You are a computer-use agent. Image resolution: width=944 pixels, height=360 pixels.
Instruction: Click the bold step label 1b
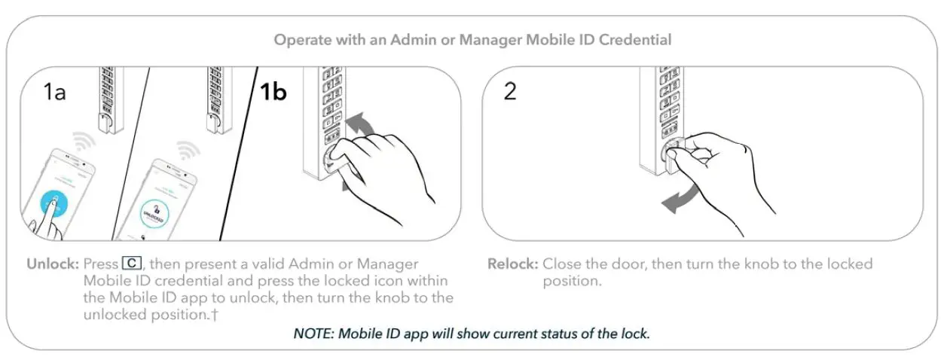[x=273, y=92]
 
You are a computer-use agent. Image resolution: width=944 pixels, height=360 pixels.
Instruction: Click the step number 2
[x=510, y=93]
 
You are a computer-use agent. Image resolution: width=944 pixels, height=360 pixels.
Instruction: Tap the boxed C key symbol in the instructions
[x=131, y=264]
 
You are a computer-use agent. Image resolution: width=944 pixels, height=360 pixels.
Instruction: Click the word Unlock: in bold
[x=53, y=265]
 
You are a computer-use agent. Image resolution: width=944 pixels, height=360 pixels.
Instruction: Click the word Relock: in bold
[x=512, y=265]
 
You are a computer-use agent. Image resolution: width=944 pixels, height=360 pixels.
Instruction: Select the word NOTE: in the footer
[x=313, y=333]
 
